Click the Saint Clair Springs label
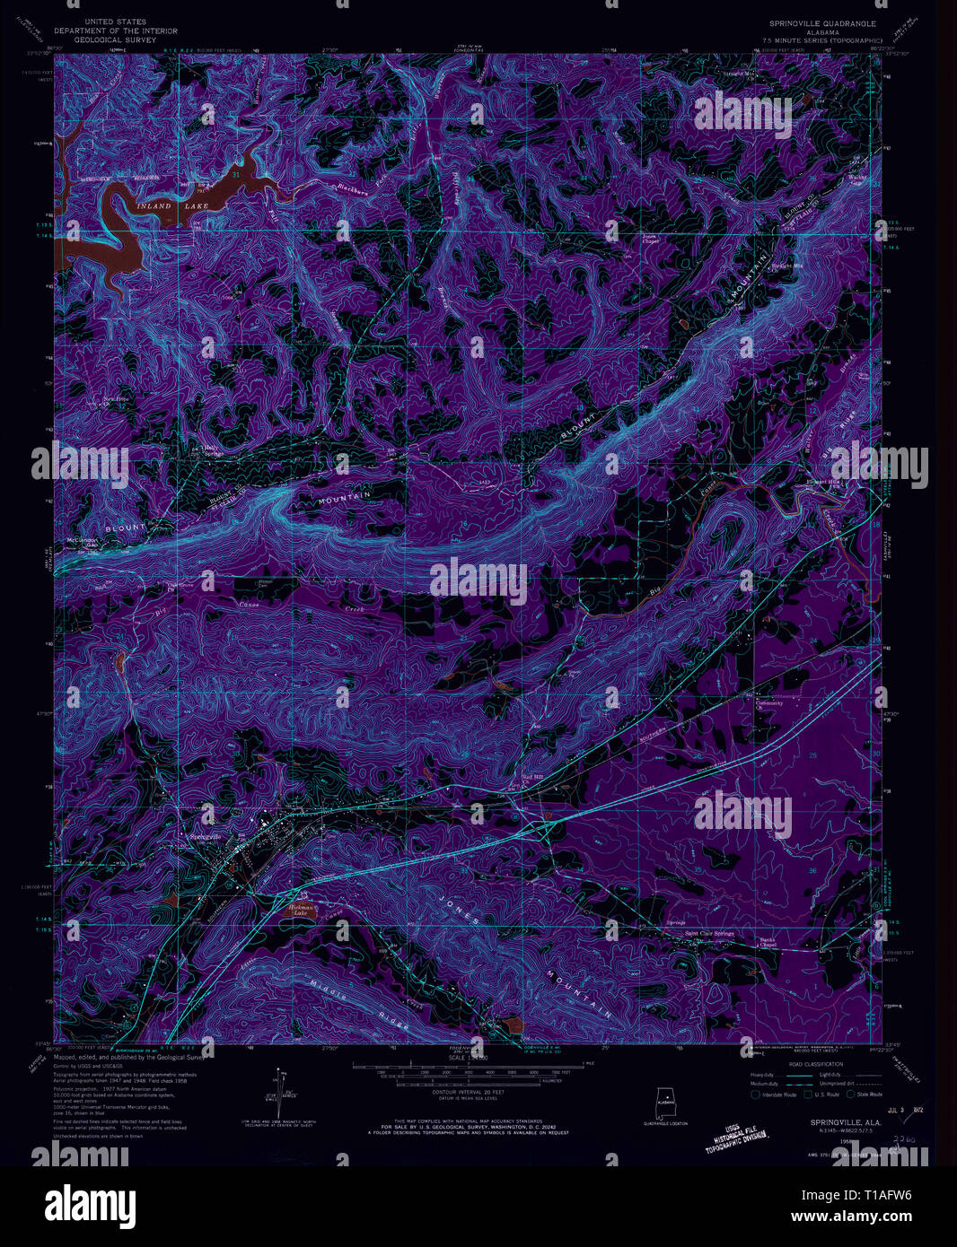click(x=709, y=934)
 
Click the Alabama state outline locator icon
click(x=666, y=1103)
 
